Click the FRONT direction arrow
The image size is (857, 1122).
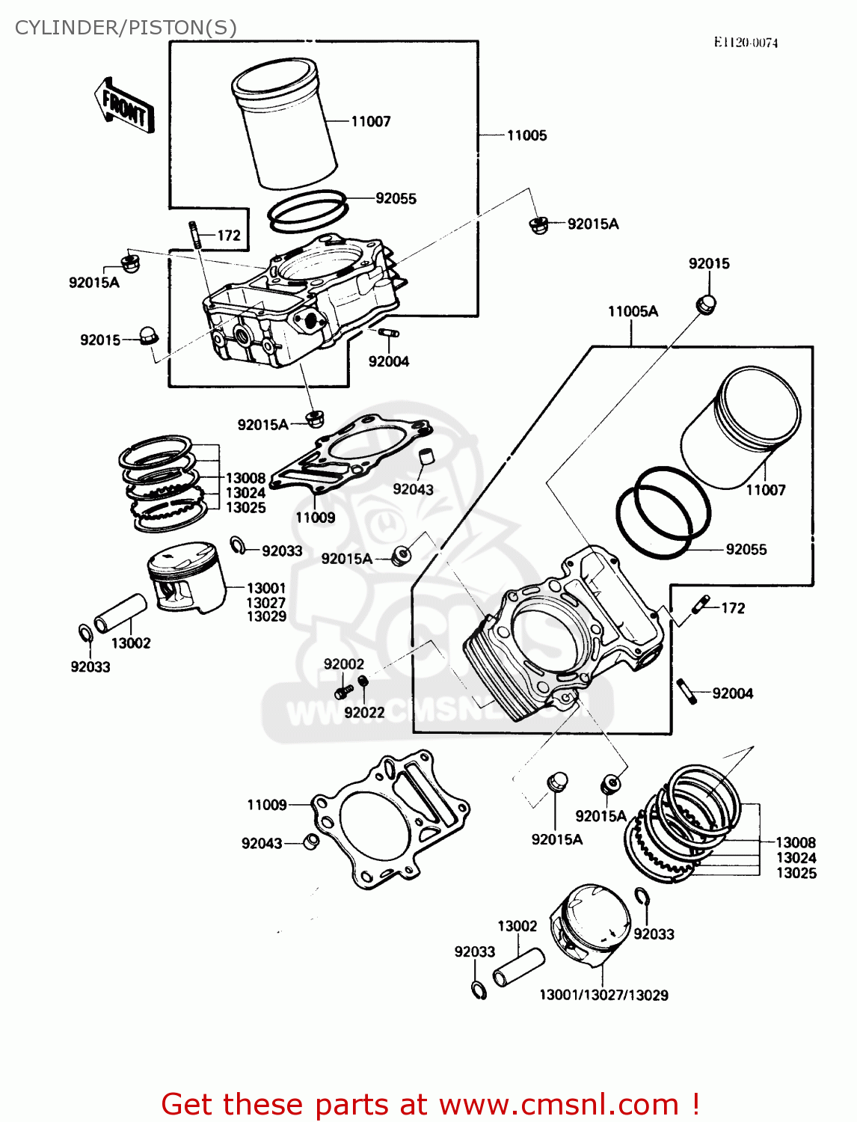pyautogui.click(x=124, y=107)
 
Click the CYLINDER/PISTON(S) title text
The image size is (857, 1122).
pyautogui.click(x=126, y=28)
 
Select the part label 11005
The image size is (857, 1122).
pyautogui.click(x=526, y=135)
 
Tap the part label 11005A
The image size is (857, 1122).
pyautogui.click(x=633, y=311)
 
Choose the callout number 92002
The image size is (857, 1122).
pyautogui.click(x=343, y=664)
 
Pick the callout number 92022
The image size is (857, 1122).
pyautogui.click(x=364, y=713)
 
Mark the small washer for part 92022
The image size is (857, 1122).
pyautogui.click(x=363, y=681)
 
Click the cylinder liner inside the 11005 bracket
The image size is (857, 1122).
pyautogui.click(x=284, y=123)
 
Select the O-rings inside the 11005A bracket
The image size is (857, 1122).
pyautogui.click(x=662, y=512)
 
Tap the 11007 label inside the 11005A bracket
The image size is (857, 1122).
pyautogui.click(x=765, y=490)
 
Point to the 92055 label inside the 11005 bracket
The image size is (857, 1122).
pyautogui.click(x=396, y=198)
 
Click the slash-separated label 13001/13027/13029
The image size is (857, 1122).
pyautogui.click(x=603, y=995)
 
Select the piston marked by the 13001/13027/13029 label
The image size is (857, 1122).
pyautogui.click(x=592, y=927)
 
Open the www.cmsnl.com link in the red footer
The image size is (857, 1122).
pyautogui.click(x=558, y=1104)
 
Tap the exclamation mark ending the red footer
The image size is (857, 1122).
pyautogui.click(x=695, y=1104)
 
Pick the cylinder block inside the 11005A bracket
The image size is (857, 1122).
pyautogui.click(x=561, y=636)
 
